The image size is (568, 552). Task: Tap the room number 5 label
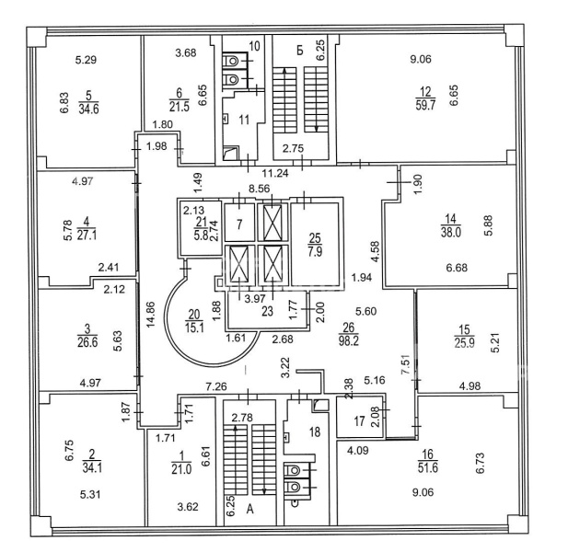click(88, 93)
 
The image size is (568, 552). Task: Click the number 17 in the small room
click(358, 421)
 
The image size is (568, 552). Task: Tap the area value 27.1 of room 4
click(88, 233)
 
